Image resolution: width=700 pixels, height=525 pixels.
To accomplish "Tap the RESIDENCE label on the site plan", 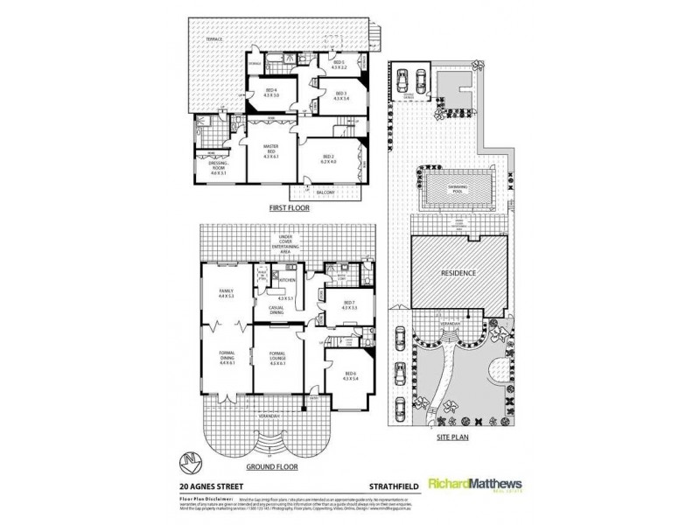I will click(x=458, y=272).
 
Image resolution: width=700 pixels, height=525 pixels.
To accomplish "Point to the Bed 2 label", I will click(x=330, y=157).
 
